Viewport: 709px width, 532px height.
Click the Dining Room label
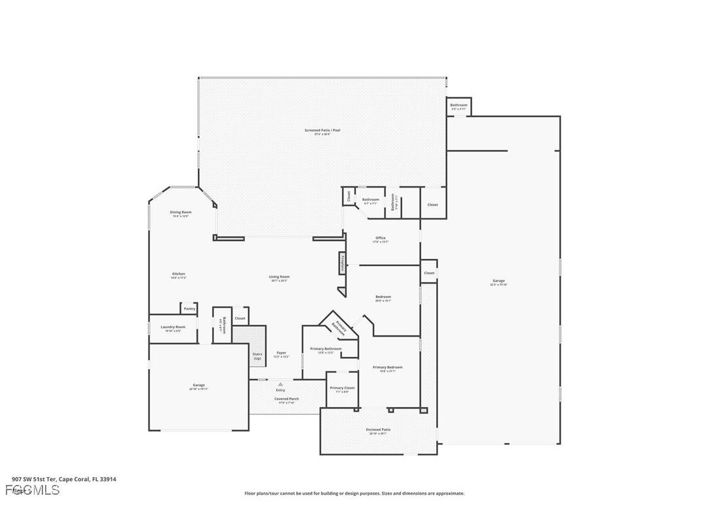coord(181,212)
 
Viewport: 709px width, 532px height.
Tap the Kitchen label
coord(178,274)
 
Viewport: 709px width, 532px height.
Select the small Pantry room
coord(189,308)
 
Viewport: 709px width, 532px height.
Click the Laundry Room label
coord(174,327)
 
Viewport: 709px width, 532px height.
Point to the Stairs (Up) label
coord(257,356)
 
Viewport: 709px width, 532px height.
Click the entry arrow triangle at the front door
coord(281,384)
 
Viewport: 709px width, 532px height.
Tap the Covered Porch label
coord(287,399)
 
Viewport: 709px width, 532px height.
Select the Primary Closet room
coord(342,389)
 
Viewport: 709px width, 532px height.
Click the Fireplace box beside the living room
coord(341,263)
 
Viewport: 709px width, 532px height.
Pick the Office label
coord(381,239)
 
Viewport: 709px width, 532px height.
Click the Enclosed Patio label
coord(378,430)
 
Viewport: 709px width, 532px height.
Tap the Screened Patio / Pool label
coord(322,131)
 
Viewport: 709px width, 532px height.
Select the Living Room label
coord(279,277)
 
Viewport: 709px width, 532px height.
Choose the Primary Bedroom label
coord(387,368)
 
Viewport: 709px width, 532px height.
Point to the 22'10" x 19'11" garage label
coord(198,386)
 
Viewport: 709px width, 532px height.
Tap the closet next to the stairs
coord(240,318)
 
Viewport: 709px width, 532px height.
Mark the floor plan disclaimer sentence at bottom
coord(355,493)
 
